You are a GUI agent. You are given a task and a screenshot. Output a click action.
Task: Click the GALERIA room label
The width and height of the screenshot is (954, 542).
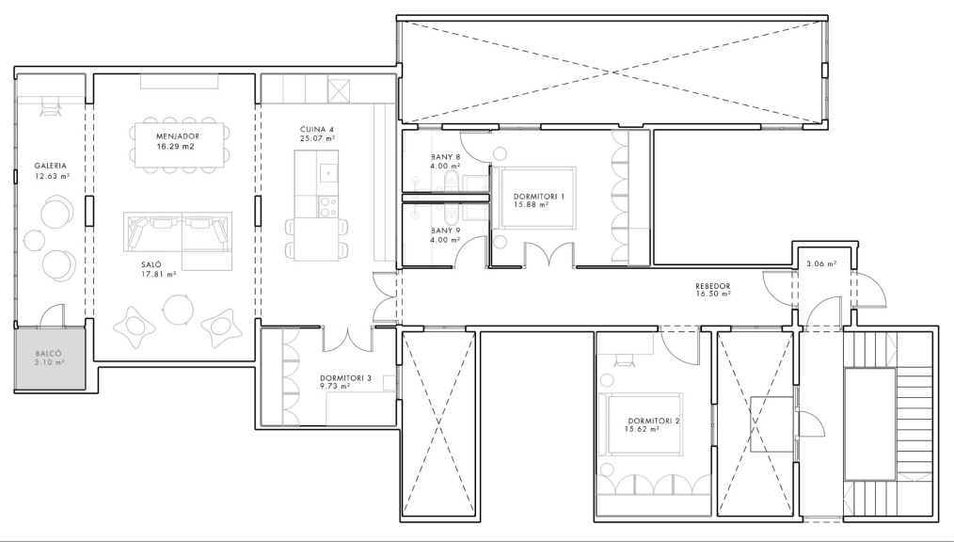click(51, 166)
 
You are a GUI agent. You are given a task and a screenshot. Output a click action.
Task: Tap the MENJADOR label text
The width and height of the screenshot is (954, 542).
click(178, 136)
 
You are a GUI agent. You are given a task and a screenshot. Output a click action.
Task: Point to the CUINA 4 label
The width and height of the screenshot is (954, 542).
click(316, 130)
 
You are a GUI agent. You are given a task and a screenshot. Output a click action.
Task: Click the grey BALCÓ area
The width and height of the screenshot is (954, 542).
click(50, 359)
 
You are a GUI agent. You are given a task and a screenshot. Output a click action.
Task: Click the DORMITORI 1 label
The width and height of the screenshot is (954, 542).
click(538, 197)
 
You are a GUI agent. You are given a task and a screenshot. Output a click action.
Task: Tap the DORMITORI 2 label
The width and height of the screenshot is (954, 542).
click(654, 421)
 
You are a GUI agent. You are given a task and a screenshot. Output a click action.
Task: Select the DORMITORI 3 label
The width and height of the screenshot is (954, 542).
click(345, 377)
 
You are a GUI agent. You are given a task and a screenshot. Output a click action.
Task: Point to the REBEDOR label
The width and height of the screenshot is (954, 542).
click(713, 286)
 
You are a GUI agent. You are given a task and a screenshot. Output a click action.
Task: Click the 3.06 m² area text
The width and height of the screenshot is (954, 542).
click(820, 264)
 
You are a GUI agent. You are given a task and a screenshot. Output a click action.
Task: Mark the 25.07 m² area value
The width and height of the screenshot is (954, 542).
click(316, 138)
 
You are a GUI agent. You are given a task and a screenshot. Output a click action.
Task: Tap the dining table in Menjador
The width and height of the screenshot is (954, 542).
click(179, 145)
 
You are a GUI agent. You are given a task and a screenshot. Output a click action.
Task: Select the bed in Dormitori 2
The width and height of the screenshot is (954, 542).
click(641, 424)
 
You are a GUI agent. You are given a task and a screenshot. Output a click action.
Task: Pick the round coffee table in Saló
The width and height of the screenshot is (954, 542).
click(178, 309)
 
